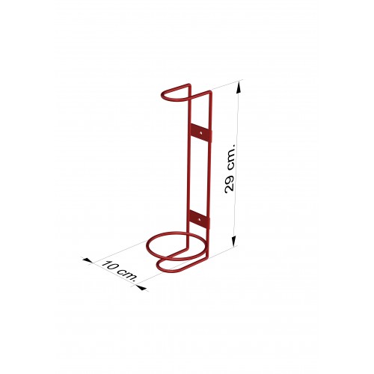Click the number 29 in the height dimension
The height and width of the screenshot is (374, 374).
229,184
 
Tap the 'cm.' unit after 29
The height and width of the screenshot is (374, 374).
230,157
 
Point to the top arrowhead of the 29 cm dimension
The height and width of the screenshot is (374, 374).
239,88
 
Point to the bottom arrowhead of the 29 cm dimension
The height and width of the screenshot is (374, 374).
234,241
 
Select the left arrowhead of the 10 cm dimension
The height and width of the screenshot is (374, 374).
88,260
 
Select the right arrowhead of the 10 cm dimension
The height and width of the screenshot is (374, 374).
141,288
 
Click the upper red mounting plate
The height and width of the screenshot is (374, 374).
201,133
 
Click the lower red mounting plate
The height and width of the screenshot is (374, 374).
200,219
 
